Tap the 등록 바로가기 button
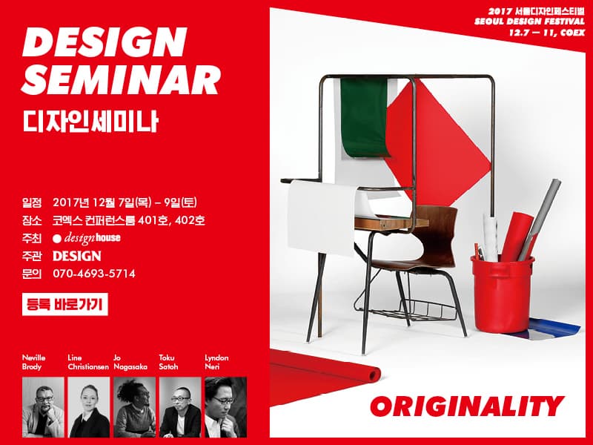point(65,303)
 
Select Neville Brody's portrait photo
point(43,407)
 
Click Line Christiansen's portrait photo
point(89,407)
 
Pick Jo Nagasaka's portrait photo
point(134,407)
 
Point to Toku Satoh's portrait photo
point(180,407)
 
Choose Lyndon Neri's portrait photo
point(225,407)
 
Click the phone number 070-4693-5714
point(94,274)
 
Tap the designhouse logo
point(87,238)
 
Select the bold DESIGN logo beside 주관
point(76,256)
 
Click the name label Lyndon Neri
point(216,362)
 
